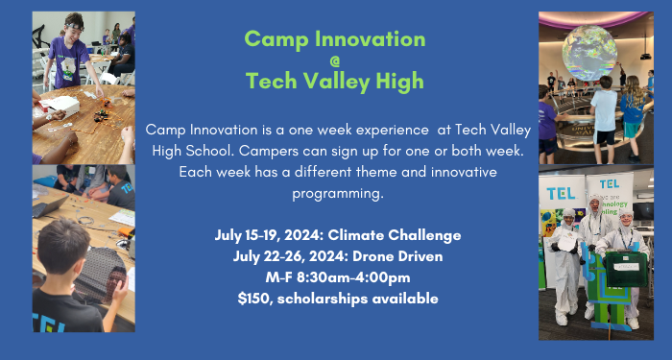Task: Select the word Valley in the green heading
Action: tap(339, 81)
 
